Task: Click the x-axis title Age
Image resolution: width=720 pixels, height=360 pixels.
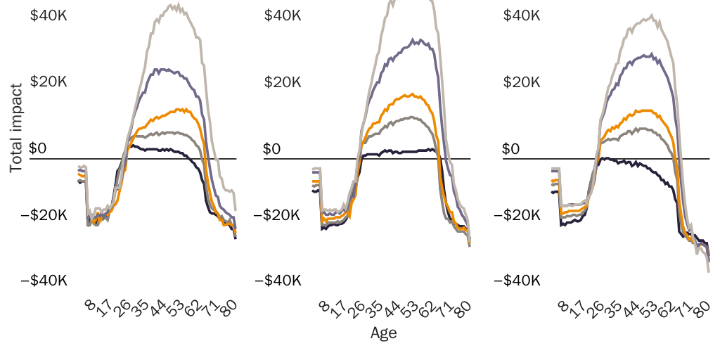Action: (x=383, y=333)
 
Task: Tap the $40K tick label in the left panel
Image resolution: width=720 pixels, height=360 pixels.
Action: (x=49, y=15)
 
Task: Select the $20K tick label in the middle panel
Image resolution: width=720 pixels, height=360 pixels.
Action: (x=283, y=82)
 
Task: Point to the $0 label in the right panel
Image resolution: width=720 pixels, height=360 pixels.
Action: (x=511, y=148)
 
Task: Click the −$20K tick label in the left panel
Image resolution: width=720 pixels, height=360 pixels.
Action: (x=44, y=215)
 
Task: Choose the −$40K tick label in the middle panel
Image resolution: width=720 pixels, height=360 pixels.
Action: (x=278, y=281)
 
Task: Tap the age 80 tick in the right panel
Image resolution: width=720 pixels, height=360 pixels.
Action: (x=700, y=309)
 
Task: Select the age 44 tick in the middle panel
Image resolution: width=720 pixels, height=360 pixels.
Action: (x=392, y=309)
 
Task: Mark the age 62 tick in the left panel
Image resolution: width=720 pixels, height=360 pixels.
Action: (x=191, y=309)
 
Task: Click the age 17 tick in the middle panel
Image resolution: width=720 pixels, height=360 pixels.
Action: (x=340, y=309)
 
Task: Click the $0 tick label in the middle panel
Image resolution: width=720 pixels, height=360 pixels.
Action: (x=272, y=148)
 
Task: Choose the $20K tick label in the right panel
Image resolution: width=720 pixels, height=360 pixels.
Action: (x=522, y=82)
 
